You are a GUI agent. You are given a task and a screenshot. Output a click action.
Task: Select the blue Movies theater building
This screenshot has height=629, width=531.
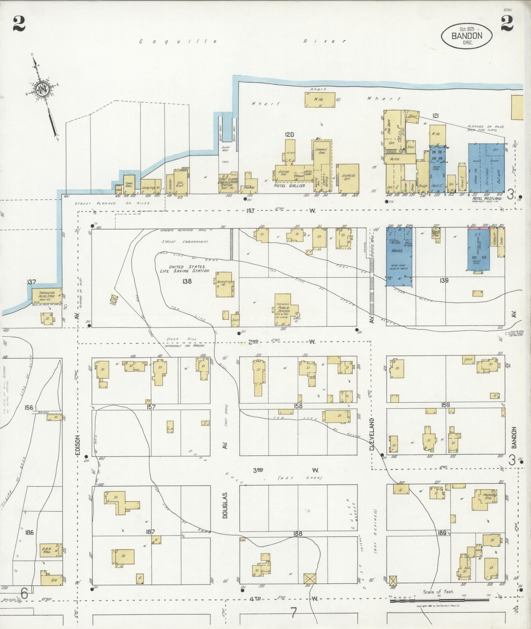coord(399,256)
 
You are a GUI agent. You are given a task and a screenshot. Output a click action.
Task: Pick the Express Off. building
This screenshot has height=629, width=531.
coord(348,178)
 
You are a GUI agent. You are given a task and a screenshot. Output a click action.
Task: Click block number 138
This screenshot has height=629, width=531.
coord(187,281)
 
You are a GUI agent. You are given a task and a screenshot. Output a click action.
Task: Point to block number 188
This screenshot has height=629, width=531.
coord(298,534)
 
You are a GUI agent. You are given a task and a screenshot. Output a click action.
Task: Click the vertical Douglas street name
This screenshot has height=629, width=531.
coord(225,508)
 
